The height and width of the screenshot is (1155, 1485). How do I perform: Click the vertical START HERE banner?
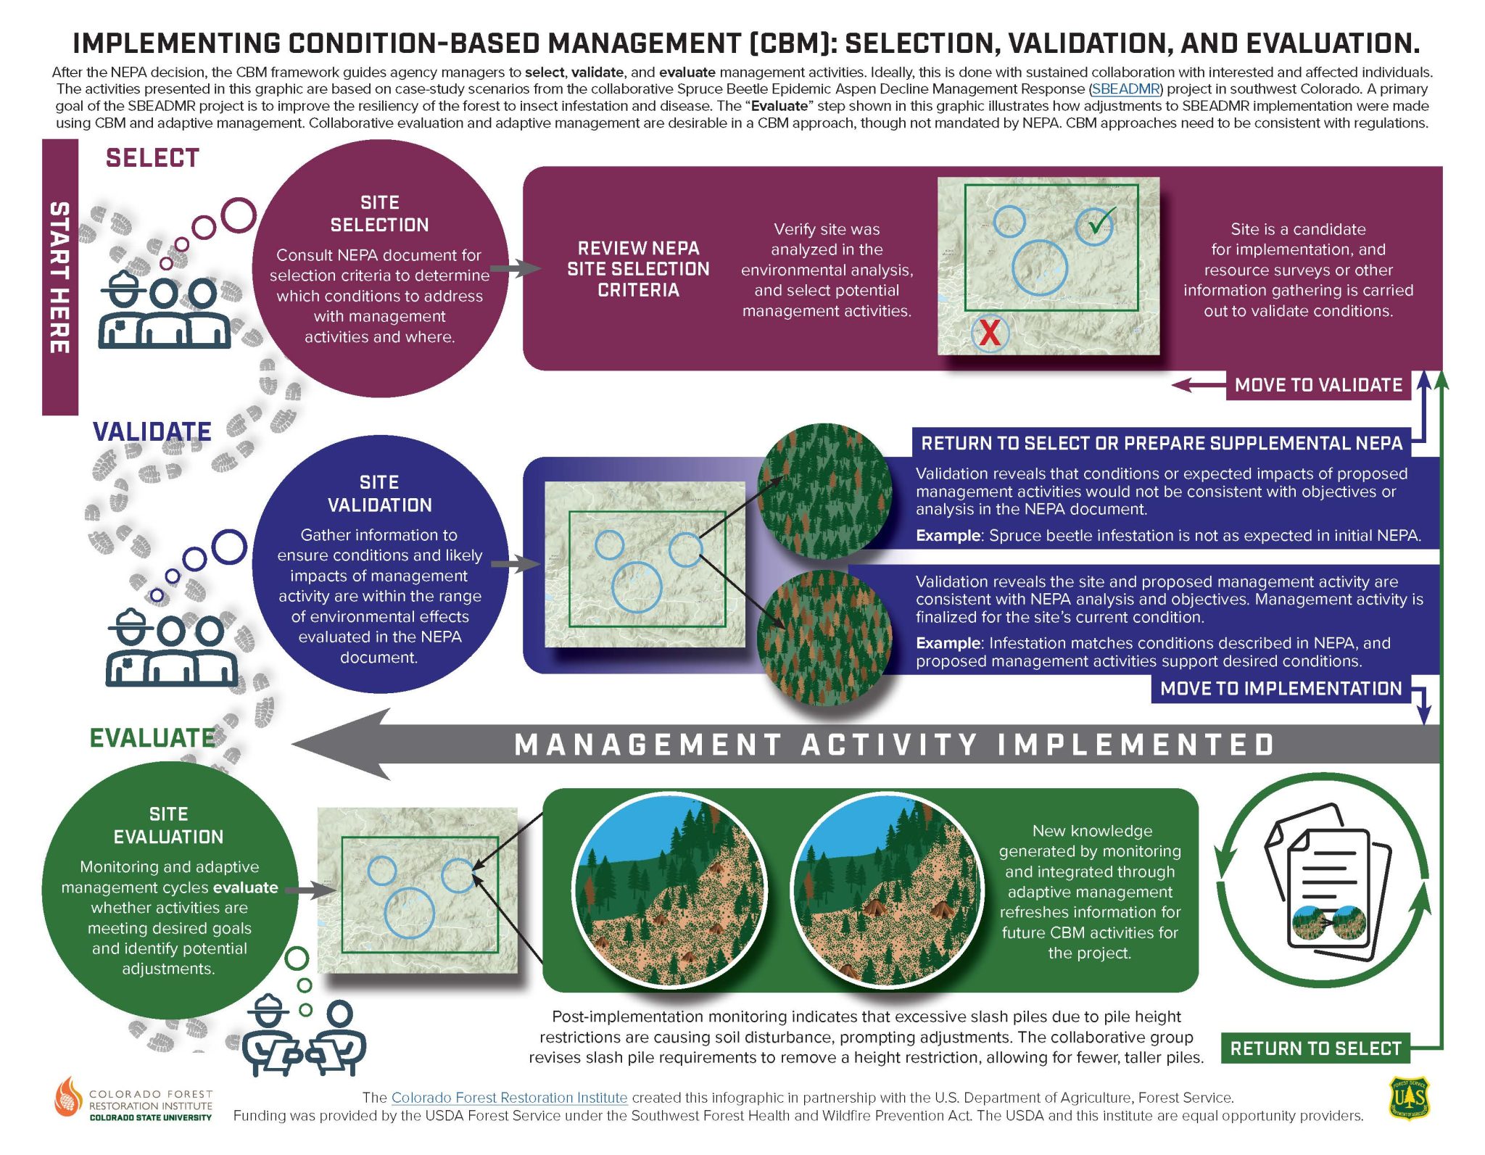click(x=59, y=277)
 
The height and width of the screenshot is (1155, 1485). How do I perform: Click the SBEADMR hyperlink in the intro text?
click(x=1125, y=89)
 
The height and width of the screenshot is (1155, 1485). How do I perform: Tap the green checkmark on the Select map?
click(x=1101, y=222)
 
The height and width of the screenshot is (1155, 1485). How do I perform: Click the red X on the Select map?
click(x=989, y=333)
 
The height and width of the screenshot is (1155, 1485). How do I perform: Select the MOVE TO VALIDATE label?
click(x=1318, y=385)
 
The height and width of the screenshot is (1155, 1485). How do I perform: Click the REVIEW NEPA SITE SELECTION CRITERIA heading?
click(x=638, y=269)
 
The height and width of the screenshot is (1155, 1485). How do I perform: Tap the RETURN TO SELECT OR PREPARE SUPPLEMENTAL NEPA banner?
click(x=1161, y=443)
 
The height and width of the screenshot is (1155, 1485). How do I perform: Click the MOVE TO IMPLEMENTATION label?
click(x=1281, y=688)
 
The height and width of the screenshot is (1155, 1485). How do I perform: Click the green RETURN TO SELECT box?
click(x=1315, y=1048)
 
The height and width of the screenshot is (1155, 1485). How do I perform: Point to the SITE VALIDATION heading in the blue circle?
click(x=379, y=494)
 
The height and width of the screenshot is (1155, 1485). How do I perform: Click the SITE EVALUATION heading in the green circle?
click(x=168, y=825)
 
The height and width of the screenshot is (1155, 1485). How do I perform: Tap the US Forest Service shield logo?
click(x=1408, y=1098)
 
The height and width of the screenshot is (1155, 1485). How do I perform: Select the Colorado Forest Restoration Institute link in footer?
click(x=509, y=1098)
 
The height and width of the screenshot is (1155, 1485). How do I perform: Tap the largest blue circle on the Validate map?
click(x=637, y=587)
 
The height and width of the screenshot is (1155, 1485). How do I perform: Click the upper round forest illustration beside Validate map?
click(x=824, y=492)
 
